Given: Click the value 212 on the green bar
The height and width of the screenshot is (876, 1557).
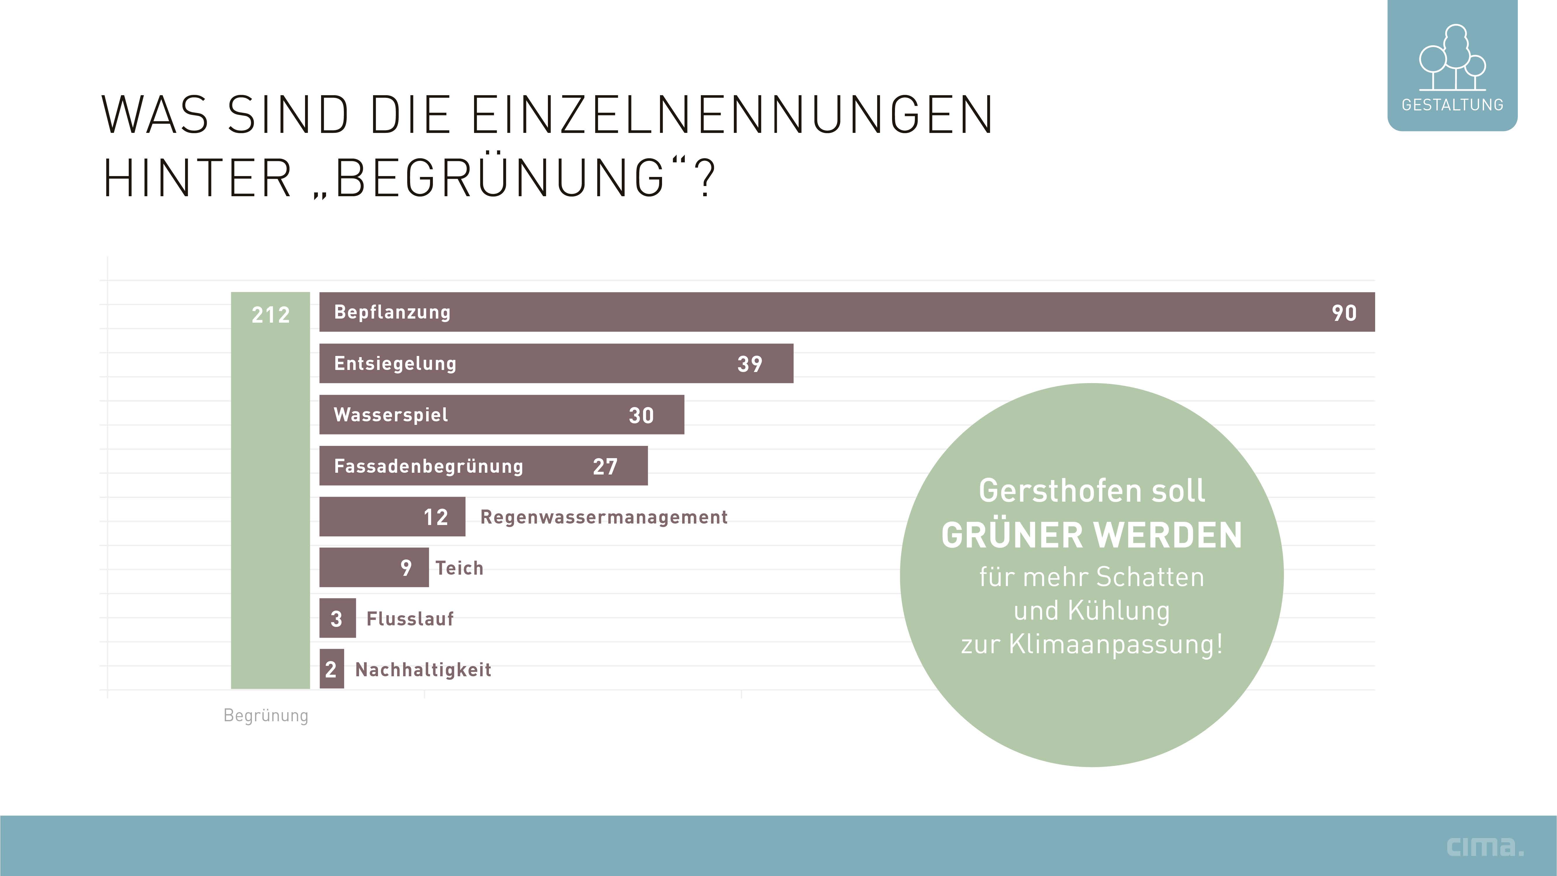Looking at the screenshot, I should (x=270, y=314).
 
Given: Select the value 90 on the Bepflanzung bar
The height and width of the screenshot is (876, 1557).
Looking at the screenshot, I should (x=1344, y=312).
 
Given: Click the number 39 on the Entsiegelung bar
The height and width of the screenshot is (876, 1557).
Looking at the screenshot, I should (x=750, y=364).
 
